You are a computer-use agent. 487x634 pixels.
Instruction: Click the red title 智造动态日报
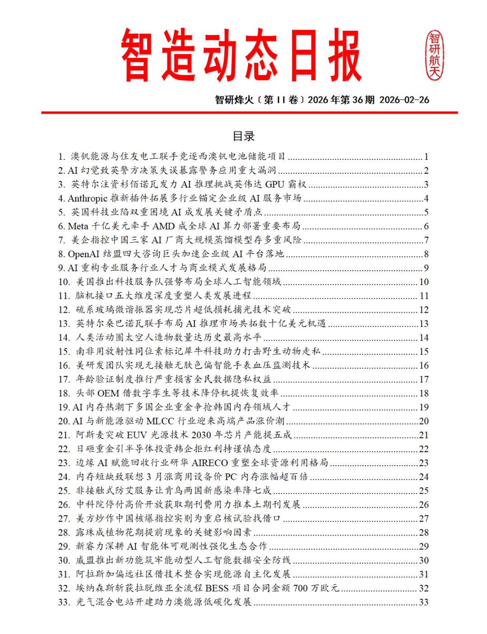pos(241,55)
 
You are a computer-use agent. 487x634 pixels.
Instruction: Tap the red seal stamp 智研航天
pos(434,55)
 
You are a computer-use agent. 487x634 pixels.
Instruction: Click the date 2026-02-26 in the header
pos(404,100)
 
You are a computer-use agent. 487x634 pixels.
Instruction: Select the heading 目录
pos(243,136)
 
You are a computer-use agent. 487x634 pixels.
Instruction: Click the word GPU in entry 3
pos(275,184)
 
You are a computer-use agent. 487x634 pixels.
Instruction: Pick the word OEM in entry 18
pos(108,393)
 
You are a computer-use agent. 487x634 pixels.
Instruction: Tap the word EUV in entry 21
pos(137,435)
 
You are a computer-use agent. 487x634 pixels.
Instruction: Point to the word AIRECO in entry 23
pos(210,463)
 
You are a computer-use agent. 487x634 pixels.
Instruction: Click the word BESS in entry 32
pos(217,588)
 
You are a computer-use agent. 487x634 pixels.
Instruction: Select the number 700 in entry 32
pos(301,588)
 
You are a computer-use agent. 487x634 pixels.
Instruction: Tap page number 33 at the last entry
pos(423,602)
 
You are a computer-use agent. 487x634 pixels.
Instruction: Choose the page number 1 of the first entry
pos(426,157)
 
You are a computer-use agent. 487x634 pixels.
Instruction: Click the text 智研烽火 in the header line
pos(234,100)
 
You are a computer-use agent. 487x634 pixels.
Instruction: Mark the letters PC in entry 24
pos(231,477)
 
